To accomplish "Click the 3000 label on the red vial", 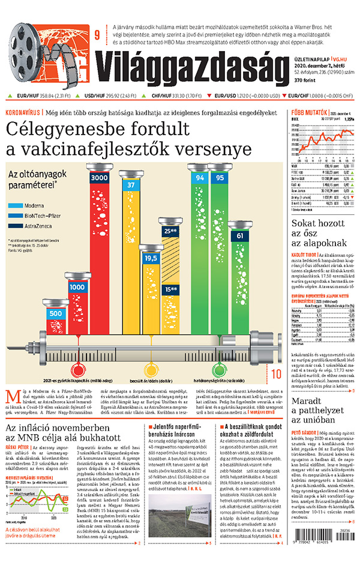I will [x=98, y=178].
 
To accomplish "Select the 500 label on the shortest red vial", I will [x=55, y=313].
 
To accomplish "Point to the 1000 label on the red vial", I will [x=77, y=287].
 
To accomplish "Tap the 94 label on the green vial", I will [x=200, y=178].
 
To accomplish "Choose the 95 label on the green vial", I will [x=220, y=178].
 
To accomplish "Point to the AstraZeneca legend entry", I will [x=40, y=226].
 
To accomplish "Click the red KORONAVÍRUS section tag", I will [x=22, y=112].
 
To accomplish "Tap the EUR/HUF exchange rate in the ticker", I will [x=44, y=95].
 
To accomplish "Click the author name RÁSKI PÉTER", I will [x=17, y=447].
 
